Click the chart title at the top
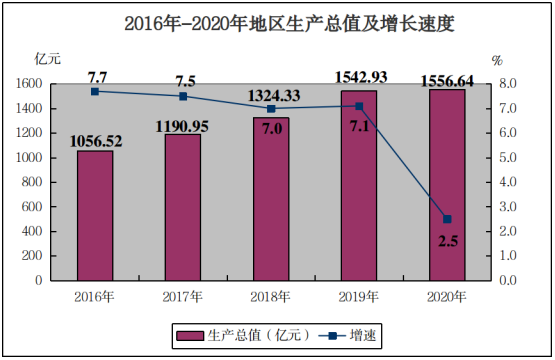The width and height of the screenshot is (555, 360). pyautogui.click(x=289, y=24)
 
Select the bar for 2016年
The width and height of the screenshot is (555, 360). pyautogui.click(x=95, y=216)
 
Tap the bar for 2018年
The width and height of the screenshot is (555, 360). pyautogui.click(x=271, y=199)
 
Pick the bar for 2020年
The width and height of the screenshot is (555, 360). pyautogui.click(x=447, y=185)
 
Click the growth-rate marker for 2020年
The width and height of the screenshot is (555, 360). pyautogui.click(x=447, y=219)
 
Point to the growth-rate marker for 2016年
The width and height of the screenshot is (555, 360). pyautogui.click(x=95, y=92)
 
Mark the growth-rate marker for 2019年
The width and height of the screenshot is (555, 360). pyautogui.click(x=359, y=106)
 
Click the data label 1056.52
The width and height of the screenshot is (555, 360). pyautogui.click(x=96, y=142)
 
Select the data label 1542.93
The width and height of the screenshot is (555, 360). pyautogui.click(x=361, y=78)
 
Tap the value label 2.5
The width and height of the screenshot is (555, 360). pyautogui.click(x=448, y=241)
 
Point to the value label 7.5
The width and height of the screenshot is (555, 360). pyautogui.click(x=185, y=82)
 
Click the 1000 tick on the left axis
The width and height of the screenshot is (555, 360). pyautogui.click(x=29, y=158)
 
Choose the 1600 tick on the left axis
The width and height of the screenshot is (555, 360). pyautogui.click(x=29, y=84)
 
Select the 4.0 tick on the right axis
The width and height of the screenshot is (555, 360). pyautogui.click(x=508, y=182)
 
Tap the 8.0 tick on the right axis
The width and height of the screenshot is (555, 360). pyautogui.click(x=508, y=84)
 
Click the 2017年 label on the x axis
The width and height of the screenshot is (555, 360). pyautogui.click(x=183, y=297)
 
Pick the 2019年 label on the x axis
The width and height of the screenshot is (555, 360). pyautogui.click(x=359, y=297)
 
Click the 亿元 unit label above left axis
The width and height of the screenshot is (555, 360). pyautogui.click(x=47, y=59)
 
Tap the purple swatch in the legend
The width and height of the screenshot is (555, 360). pyautogui.click(x=190, y=336)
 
